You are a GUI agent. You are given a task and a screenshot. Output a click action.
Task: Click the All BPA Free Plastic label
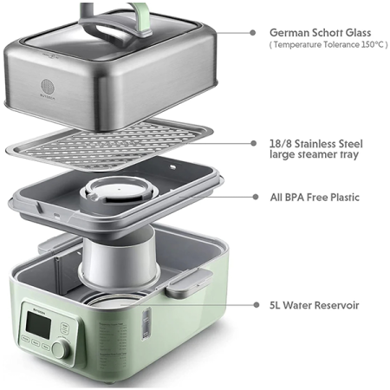[x=314, y=197]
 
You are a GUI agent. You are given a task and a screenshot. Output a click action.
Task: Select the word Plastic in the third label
[x=341, y=197]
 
